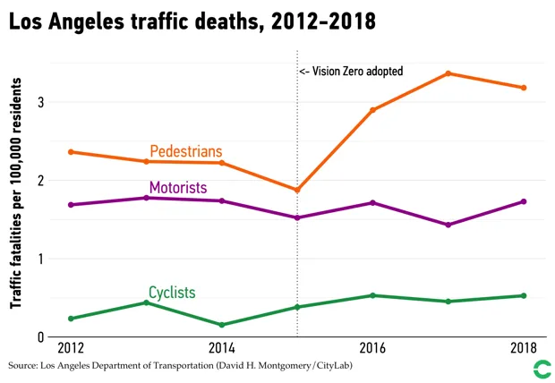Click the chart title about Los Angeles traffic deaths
pos(192,21)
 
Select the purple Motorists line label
pos(178,188)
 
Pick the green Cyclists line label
pos(172,293)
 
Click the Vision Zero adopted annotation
pos(351,71)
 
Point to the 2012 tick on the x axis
pos(70,347)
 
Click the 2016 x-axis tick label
pos(372,347)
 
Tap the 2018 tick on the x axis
pos(523,347)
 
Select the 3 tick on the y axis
pos(41,102)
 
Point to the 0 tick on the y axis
pos(41,337)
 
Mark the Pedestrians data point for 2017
pos(448,73)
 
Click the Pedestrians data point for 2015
pos(297,191)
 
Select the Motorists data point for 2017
pos(448,225)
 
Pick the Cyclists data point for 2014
pos(221,325)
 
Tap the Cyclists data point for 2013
pos(146,302)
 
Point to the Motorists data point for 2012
pos(70,205)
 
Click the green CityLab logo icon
pos(541,368)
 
